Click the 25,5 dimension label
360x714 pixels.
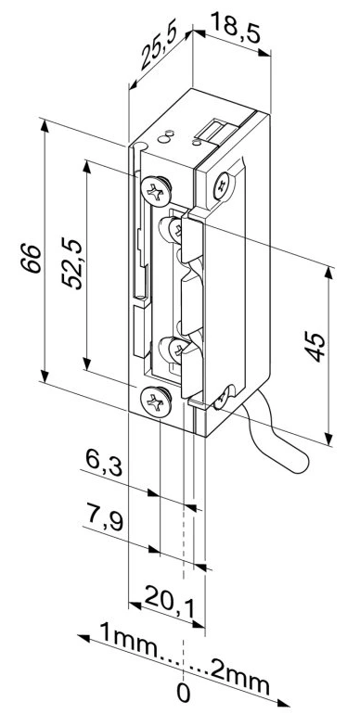[159, 51]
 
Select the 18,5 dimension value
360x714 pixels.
[235, 28]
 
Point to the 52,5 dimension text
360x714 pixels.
[72, 263]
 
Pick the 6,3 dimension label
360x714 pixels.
[104, 464]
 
